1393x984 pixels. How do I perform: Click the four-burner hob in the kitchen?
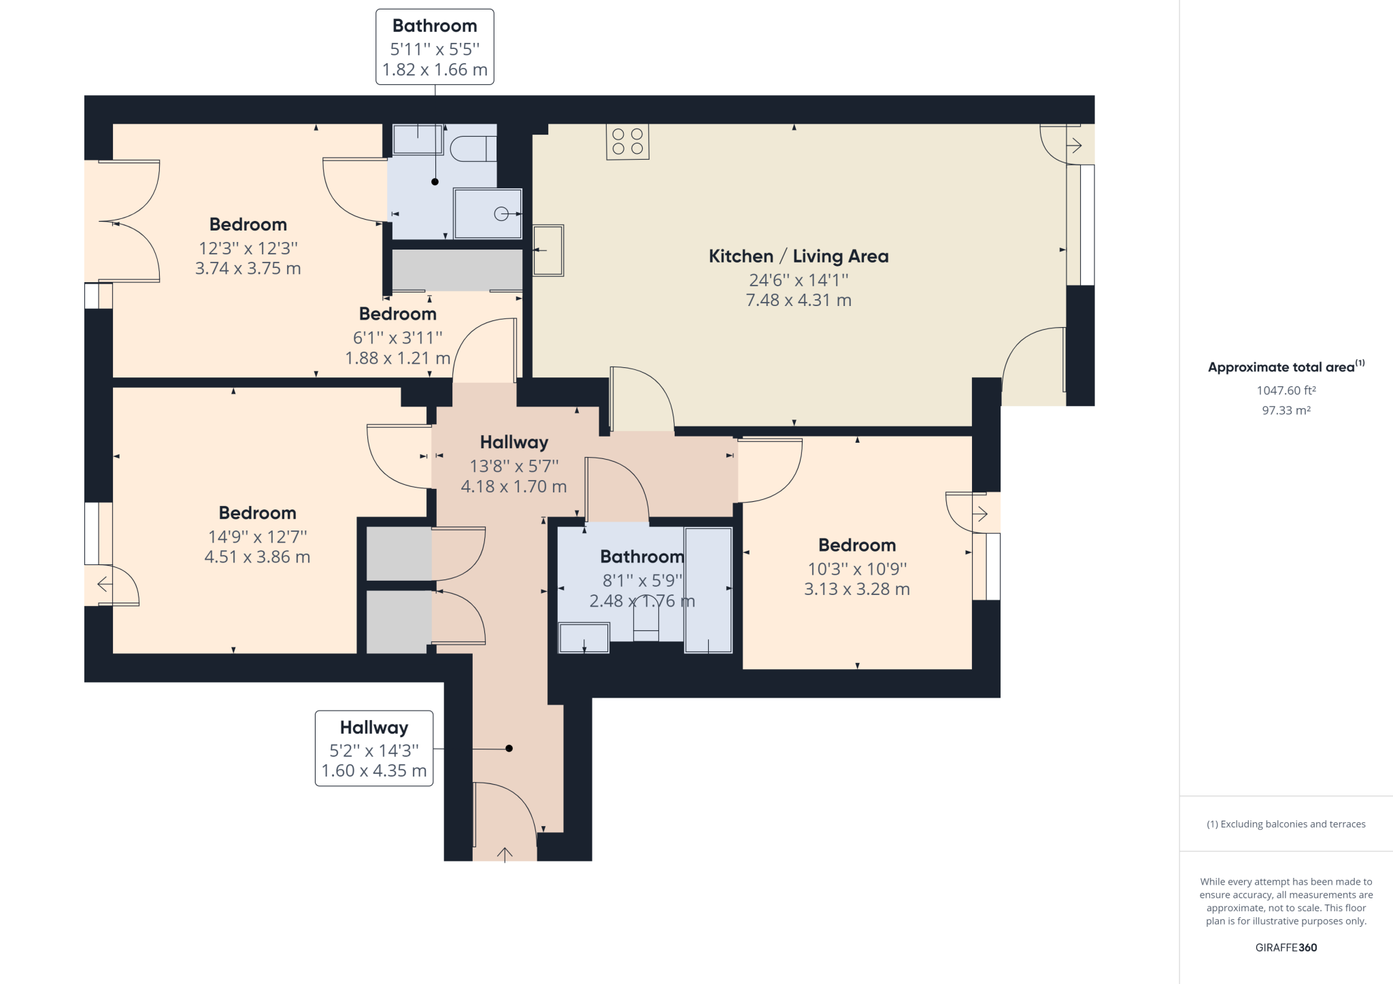(627, 141)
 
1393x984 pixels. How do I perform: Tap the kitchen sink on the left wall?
(548, 250)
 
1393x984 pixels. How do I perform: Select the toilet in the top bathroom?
(473, 148)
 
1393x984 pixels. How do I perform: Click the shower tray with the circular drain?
(488, 214)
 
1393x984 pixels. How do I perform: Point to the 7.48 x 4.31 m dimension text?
(799, 300)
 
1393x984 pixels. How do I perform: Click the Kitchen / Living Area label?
(799, 256)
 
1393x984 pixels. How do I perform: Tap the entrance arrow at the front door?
(505, 854)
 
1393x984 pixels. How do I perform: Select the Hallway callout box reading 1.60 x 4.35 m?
(374, 749)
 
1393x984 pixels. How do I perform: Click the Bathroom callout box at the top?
(435, 47)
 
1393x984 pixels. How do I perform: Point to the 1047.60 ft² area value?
(1286, 390)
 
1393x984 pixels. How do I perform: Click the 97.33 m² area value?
(1286, 410)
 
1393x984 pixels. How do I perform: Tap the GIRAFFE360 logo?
(1286, 947)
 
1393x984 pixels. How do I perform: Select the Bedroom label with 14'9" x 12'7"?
(257, 513)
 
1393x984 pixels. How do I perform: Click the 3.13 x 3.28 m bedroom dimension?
(856, 589)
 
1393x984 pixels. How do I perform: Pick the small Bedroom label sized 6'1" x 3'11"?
(398, 314)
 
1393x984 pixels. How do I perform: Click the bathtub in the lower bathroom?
(708, 590)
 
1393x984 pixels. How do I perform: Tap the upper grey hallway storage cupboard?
(399, 553)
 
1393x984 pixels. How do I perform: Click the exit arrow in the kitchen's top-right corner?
(1075, 145)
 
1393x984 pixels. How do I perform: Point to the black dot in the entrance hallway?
(509, 748)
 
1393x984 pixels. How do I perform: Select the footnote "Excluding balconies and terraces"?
(1286, 824)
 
